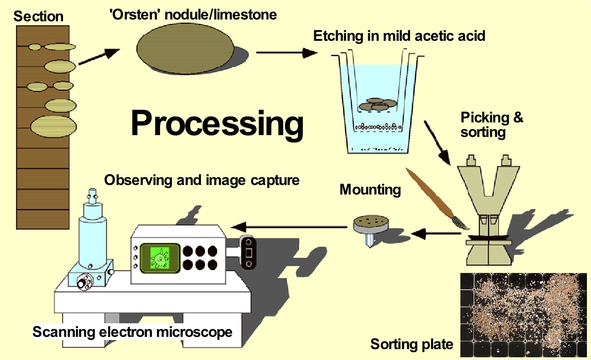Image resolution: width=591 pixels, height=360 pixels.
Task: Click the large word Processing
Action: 217,123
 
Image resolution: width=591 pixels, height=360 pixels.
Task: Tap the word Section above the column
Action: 39,17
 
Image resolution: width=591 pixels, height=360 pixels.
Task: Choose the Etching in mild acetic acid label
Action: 399,35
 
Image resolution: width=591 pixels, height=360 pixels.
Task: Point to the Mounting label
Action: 370,189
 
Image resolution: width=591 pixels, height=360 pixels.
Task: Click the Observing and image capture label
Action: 202,180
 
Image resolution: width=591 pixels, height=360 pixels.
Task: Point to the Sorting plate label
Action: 411,344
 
